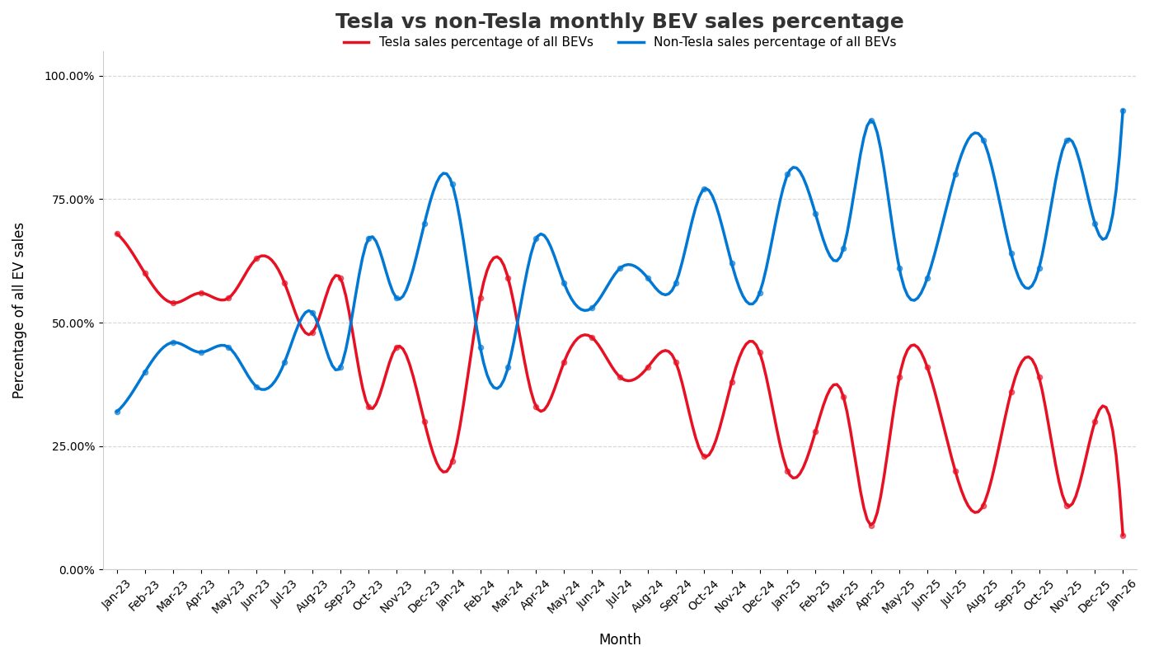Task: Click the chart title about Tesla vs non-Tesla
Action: (x=619, y=21)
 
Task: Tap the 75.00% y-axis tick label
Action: (x=72, y=200)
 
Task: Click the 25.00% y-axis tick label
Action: (x=72, y=446)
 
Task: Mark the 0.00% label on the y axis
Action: (x=74, y=570)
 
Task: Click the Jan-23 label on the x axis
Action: (x=117, y=593)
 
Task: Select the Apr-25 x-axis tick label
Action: (x=870, y=593)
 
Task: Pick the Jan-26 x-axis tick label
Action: (x=1122, y=593)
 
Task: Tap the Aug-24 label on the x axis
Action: (x=647, y=593)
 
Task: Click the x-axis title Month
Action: (x=619, y=640)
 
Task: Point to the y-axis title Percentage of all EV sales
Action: (x=19, y=310)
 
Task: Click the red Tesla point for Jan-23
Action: (x=117, y=233)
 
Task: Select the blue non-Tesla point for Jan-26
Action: (x=1123, y=111)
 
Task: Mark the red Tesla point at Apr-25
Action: (x=871, y=526)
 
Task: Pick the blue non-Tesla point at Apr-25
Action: (x=871, y=120)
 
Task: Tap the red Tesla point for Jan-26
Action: (x=1123, y=535)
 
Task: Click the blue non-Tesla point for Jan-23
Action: (x=117, y=412)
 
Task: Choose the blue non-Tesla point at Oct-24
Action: (x=704, y=189)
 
